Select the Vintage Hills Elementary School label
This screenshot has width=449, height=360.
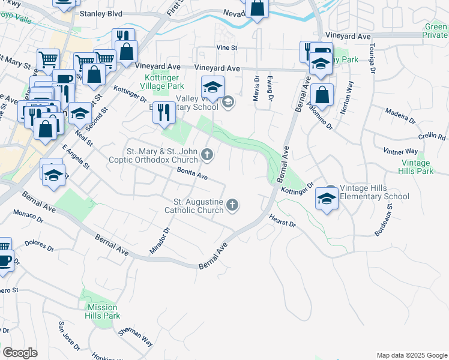point(375,192)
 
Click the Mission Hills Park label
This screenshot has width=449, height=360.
point(101,311)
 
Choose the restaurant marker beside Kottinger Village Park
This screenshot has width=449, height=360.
point(162,112)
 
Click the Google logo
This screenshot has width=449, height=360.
point(20,353)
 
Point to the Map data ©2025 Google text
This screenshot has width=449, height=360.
point(411,355)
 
